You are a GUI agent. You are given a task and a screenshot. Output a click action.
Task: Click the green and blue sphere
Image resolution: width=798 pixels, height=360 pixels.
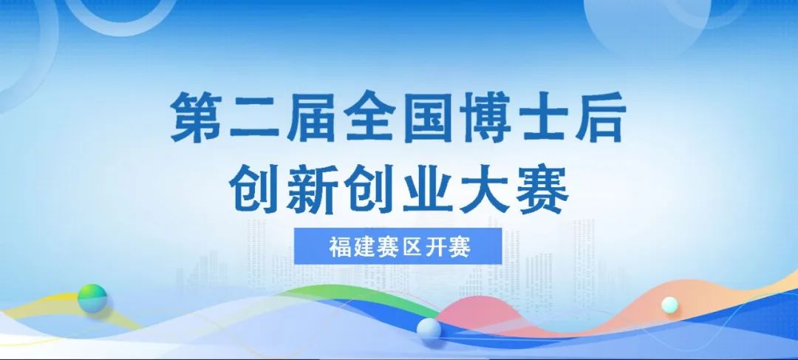coord(92,297)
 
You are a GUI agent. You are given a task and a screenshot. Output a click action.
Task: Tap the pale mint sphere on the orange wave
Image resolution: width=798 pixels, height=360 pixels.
coord(670,305)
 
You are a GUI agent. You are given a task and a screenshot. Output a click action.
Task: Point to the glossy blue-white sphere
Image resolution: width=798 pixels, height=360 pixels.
coord(429,330)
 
